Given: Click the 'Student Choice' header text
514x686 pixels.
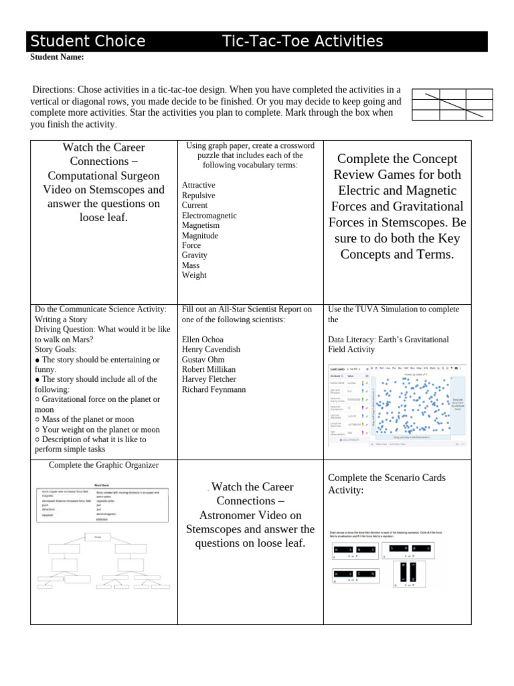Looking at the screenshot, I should [88, 42].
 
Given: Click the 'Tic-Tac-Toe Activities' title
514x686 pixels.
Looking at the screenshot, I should [303, 42].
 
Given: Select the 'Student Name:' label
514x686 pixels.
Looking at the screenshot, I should [57, 58].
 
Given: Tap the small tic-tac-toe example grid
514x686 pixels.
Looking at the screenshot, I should [452, 105].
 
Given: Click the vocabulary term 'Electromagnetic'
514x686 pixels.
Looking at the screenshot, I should [209, 216].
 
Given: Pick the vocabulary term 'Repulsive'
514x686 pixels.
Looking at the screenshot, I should [199, 196].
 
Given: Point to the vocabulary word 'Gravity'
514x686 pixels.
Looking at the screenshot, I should [195, 255].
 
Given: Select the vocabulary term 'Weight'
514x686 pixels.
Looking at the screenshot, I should [194, 275].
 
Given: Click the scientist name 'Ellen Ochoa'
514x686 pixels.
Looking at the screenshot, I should [204, 340].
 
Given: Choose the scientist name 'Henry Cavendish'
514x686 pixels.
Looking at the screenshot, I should [211, 350].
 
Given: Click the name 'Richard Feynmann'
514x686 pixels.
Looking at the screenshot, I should [213, 389].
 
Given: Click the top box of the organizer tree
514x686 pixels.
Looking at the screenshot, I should [102, 537].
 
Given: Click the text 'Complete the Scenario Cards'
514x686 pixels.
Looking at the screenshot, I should [386, 478].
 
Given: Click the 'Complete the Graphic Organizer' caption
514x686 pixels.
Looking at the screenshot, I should [104, 465].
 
